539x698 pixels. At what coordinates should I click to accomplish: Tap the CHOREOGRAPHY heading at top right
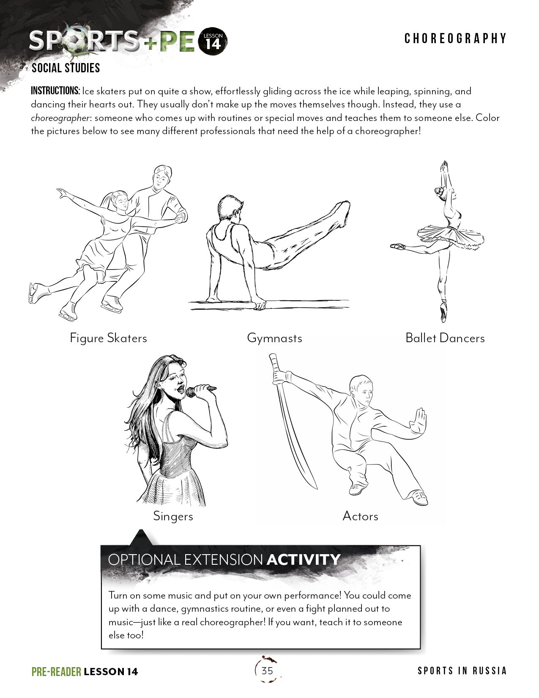point(455,38)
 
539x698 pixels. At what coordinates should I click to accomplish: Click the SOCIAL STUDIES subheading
point(66,68)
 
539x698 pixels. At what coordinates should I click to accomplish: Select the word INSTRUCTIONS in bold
point(55,91)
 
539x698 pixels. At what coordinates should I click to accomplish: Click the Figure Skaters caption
point(108,338)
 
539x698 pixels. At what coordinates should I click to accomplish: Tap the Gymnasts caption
point(274,338)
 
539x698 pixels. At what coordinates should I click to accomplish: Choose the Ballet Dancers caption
point(445,338)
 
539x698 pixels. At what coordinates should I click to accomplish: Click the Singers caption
point(173,516)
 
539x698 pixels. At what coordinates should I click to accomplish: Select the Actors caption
point(360,516)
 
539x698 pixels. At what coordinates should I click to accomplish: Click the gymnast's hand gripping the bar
point(259,305)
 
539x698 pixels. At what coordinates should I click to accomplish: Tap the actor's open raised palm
point(420,419)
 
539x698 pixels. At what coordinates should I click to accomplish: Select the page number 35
point(267,671)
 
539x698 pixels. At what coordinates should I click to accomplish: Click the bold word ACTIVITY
point(303,560)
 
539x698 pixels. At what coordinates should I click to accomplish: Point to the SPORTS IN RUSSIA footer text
point(462,671)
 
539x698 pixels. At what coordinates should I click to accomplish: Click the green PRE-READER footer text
point(56,672)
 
